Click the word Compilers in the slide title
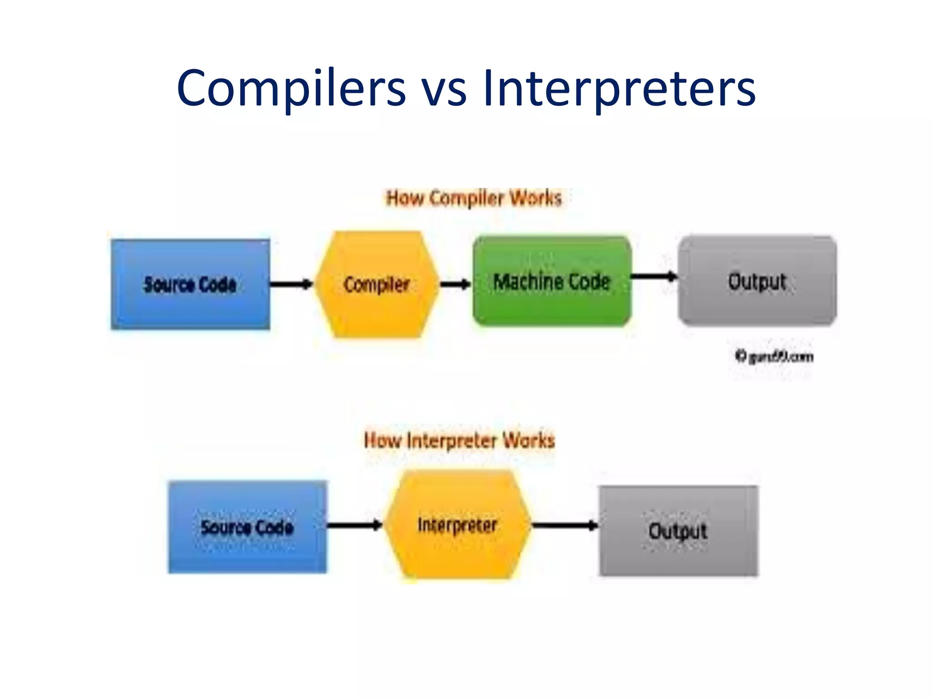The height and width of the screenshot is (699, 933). click(x=291, y=88)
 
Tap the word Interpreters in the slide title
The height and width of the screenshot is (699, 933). click(x=619, y=88)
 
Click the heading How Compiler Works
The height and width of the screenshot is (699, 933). click(x=474, y=198)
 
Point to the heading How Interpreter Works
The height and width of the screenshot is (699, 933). click(x=459, y=441)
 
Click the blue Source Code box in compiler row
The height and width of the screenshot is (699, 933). click(x=190, y=284)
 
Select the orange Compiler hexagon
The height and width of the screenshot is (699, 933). click(x=377, y=284)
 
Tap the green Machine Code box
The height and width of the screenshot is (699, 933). click(x=552, y=281)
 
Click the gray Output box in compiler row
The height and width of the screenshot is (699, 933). click(x=757, y=281)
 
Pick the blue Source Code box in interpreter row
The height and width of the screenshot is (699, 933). click(x=247, y=527)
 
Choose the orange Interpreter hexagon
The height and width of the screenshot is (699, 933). click(x=457, y=525)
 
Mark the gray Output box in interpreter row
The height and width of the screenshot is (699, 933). click(x=678, y=531)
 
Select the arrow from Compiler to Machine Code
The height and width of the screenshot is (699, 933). click(x=455, y=284)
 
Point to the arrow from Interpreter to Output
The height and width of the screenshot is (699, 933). click(x=564, y=526)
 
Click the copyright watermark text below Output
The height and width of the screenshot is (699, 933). click(x=774, y=356)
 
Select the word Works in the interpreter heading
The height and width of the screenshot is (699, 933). click(x=528, y=441)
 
